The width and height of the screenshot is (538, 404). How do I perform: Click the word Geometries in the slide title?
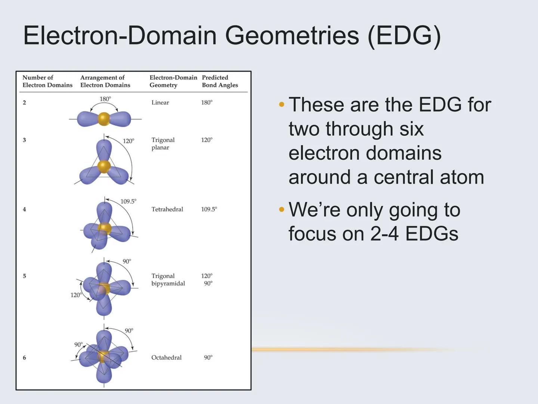pos(292,36)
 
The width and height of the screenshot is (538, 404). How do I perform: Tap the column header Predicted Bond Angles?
pos(220,81)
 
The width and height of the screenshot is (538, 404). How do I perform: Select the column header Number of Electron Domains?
pos(47,81)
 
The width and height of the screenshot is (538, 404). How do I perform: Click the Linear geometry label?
pos(160,102)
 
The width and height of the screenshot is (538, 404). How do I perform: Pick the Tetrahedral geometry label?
pos(167,209)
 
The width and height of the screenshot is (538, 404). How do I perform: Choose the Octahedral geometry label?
pos(166,358)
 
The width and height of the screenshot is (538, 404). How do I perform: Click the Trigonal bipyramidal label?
pos(168,280)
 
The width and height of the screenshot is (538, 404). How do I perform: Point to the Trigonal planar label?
pos(163,144)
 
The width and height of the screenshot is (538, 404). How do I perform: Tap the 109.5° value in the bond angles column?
pos(209,209)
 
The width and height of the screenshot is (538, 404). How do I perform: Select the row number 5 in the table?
pos(24,276)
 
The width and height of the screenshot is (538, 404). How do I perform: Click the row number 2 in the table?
pos(24,102)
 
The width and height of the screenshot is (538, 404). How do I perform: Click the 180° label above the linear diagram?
pos(105,99)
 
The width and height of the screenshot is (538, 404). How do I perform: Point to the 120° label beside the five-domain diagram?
pos(76,295)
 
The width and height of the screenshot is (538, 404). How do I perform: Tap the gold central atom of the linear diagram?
pos(104,119)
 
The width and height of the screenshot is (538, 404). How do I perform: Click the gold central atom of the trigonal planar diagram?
pos(103,166)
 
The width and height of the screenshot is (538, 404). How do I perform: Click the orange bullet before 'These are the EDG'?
pos(282,105)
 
